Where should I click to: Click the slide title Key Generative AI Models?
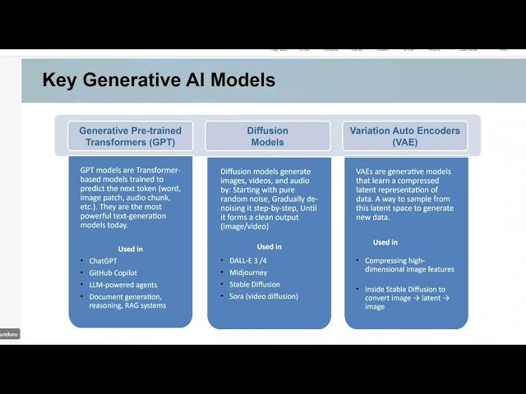159,80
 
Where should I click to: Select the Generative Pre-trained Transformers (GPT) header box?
130,136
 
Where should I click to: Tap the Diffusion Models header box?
267,136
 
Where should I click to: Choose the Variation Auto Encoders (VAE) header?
404,136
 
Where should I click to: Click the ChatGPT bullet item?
104,260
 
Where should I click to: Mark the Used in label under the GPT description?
130,249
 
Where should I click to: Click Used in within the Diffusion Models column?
269,246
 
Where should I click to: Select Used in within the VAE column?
385,242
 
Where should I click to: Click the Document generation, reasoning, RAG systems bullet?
127,300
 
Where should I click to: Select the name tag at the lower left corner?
9,334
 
